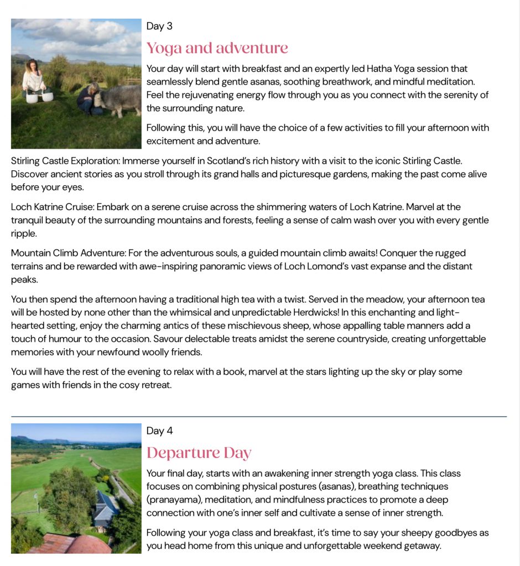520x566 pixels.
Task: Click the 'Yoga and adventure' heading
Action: click(217, 48)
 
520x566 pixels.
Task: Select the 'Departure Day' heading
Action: click(199, 453)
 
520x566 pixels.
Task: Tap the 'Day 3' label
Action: click(159, 26)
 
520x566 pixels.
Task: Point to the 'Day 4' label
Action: click(159, 431)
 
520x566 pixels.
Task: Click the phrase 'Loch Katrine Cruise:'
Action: click(53, 207)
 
